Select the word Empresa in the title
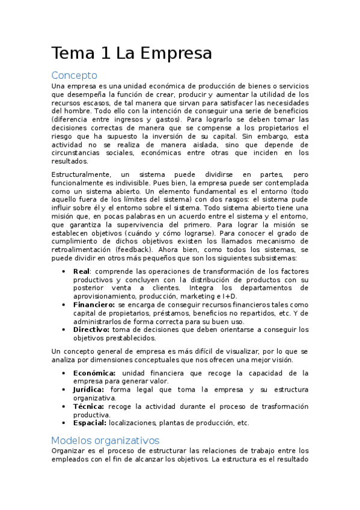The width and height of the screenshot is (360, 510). pyautogui.click(x=177, y=54)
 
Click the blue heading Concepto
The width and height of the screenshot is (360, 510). pyautogui.click(x=74, y=76)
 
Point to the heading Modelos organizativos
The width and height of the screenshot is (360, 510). pyautogui.click(x=105, y=440)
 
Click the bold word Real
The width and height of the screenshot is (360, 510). pyautogui.click(x=82, y=271)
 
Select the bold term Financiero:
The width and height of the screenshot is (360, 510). pyautogui.click(x=94, y=305)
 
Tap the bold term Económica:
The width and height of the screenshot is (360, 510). pyautogui.click(x=94, y=373)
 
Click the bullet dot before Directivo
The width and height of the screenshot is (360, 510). pyautogui.click(x=64, y=330)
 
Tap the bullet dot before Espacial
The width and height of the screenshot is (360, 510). pyautogui.click(x=64, y=423)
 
